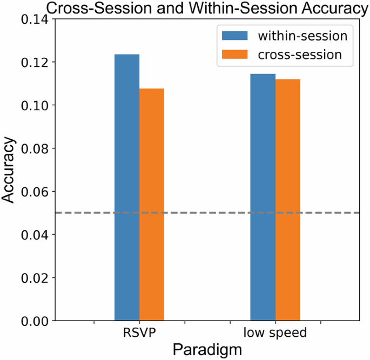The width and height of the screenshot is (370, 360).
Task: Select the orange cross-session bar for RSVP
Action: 152,205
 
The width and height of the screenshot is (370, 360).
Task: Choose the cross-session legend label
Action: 300,54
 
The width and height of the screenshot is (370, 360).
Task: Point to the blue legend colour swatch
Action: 234,36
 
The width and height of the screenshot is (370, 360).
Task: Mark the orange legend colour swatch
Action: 234,54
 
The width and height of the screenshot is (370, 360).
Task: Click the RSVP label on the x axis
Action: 139,333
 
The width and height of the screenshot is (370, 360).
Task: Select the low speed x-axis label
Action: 275,333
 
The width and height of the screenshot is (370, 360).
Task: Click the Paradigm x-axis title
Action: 207,350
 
